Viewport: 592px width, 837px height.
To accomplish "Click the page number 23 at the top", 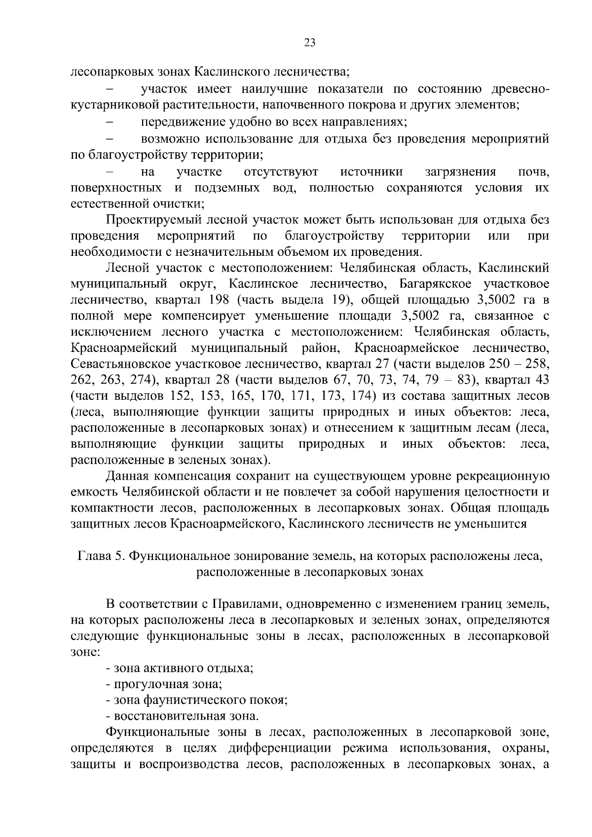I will (x=310, y=42).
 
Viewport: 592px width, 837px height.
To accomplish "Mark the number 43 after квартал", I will (x=540, y=380).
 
